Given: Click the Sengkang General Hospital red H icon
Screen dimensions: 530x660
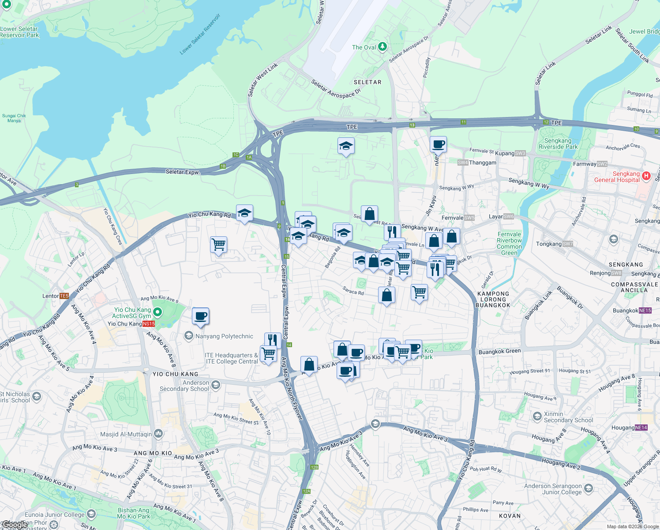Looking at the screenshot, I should tap(646, 176).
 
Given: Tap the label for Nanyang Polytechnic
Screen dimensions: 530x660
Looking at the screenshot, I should tap(224, 337).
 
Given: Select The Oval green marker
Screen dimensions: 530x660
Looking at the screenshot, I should tap(382, 46).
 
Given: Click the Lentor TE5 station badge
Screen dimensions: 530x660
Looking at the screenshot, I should tap(64, 296).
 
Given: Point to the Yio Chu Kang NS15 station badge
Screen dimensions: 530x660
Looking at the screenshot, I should tap(148, 324).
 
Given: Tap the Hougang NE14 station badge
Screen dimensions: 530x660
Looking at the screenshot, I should tap(641, 428).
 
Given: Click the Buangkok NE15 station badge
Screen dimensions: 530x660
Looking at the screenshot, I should tap(645, 310).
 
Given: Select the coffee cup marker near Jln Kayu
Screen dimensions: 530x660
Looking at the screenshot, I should tap(438, 144).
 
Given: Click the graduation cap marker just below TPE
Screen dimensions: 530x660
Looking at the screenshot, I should tap(346, 146).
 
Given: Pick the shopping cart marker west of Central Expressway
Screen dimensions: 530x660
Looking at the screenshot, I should tap(219, 244).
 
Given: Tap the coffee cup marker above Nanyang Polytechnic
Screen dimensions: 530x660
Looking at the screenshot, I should tap(200, 316).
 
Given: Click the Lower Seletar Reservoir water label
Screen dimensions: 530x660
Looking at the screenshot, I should tap(200, 34).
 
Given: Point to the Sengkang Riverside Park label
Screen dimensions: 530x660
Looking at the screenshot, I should tap(558, 144).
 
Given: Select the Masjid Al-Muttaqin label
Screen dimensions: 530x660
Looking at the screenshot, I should tap(126, 434).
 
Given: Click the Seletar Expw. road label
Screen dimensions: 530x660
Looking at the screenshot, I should tap(183, 172).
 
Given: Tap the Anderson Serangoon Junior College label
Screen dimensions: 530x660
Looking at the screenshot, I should tap(553, 489).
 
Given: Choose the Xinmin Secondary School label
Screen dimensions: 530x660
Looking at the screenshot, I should tap(568, 417).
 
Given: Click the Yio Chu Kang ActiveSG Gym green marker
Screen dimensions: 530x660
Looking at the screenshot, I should tap(157, 312).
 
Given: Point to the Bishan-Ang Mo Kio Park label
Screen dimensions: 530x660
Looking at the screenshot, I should tap(134, 513).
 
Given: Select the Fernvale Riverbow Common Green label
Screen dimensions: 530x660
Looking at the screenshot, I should tap(509, 244).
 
